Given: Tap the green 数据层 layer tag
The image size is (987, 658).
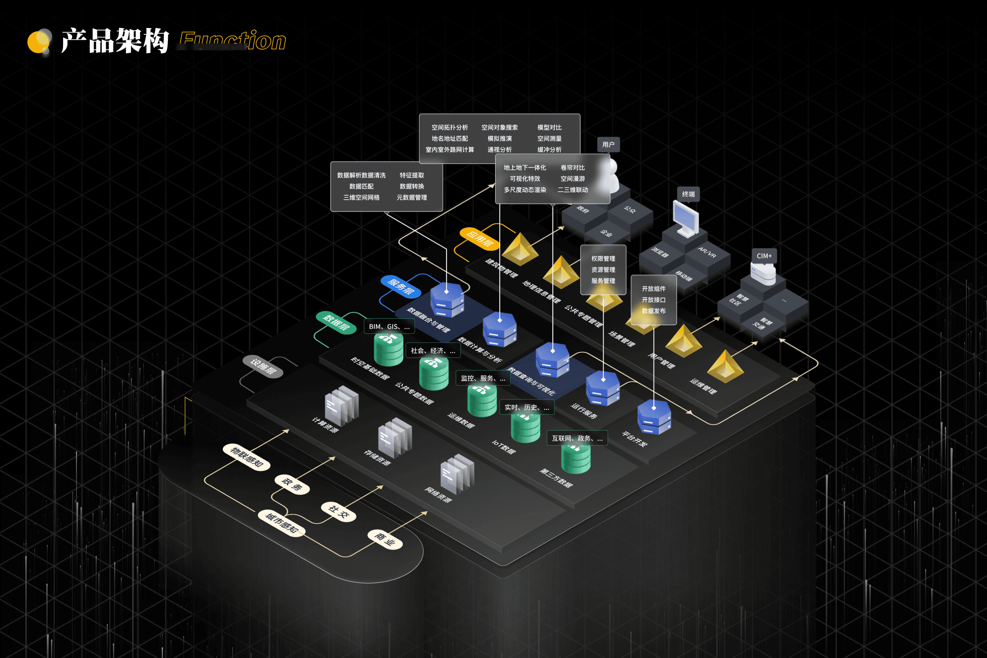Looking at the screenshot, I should (x=336, y=322).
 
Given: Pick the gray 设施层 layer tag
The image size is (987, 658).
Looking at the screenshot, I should (x=263, y=366).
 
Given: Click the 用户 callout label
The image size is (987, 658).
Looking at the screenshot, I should (x=608, y=144).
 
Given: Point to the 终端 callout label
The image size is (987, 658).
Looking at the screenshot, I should (x=688, y=194).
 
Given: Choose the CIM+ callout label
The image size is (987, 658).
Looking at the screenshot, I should (x=764, y=256).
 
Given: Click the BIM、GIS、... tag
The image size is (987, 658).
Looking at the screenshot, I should (x=389, y=327).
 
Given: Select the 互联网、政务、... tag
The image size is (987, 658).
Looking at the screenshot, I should (x=577, y=438).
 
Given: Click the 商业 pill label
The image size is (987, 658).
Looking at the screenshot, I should (x=385, y=539).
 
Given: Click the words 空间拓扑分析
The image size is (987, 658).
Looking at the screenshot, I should (x=449, y=127).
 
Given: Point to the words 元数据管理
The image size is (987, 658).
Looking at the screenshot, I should (x=412, y=197).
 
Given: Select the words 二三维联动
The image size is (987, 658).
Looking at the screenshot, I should (x=572, y=190).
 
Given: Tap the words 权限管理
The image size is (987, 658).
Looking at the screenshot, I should (x=603, y=258).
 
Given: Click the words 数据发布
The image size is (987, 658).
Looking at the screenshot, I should (x=654, y=311).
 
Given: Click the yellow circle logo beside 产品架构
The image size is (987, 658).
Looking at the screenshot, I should (x=39, y=41).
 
